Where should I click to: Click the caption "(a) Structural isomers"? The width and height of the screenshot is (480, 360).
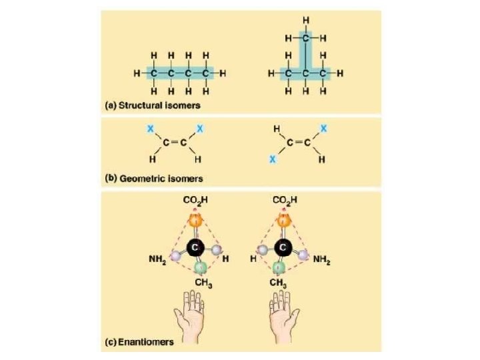[153, 105]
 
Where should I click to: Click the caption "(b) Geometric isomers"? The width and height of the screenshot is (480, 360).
[154, 179]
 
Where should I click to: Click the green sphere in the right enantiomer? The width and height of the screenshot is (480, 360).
[280, 269]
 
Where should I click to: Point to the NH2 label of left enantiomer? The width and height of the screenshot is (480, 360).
[157, 259]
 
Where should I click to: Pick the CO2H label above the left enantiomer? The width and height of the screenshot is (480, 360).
[195, 199]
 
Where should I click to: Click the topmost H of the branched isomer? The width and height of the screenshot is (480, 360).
[305, 21]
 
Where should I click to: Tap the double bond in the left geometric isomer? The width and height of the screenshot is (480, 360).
[173, 142]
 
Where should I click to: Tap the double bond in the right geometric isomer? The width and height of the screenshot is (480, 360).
[297, 142]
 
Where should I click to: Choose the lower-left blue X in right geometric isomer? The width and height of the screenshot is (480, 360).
[272, 160]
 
